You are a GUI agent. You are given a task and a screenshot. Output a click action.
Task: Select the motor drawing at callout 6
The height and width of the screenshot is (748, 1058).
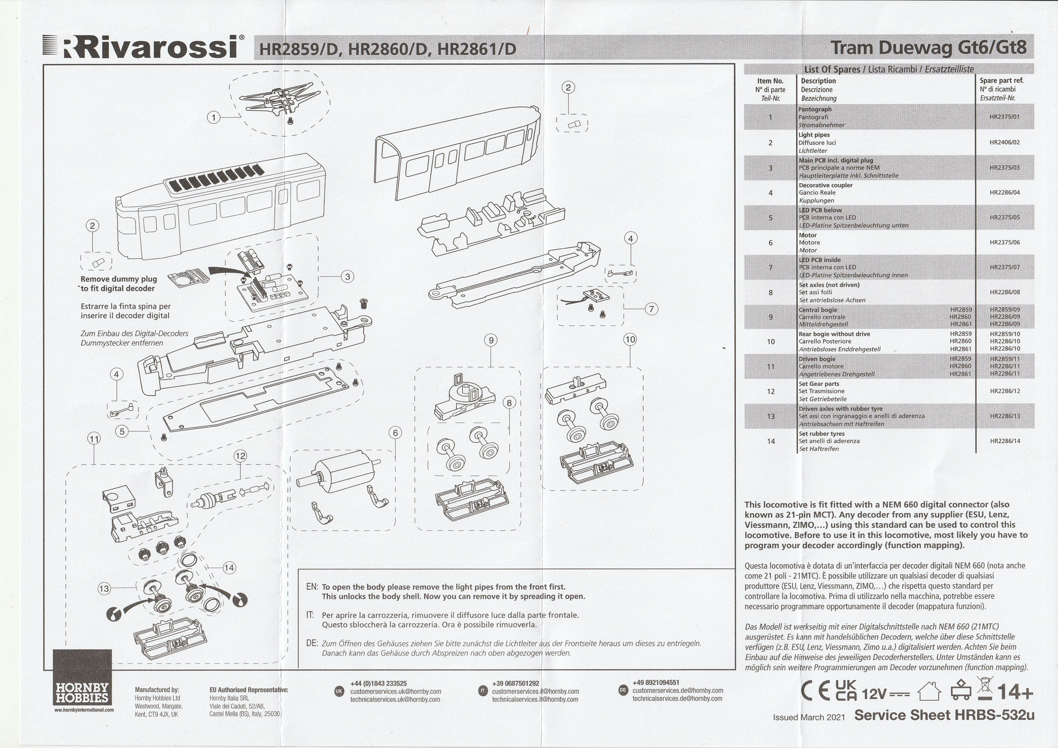click(x=339, y=475)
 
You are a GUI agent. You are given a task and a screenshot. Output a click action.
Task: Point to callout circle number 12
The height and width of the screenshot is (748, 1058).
click(x=240, y=455)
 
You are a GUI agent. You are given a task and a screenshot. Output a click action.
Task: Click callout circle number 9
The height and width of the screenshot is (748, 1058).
click(x=491, y=340)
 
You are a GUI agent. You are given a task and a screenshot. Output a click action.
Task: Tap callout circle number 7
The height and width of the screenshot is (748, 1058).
click(x=651, y=309)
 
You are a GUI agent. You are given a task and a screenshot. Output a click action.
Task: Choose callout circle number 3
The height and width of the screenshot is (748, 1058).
click(x=347, y=276)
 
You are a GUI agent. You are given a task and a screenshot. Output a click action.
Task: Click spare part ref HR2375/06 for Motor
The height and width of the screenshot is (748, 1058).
click(x=1004, y=243)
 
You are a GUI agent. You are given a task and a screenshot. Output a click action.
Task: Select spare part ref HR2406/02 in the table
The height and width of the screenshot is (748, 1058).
click(x=1004, y=143)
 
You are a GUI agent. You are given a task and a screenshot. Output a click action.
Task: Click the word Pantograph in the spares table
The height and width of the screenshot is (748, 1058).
click(x=815, y=110)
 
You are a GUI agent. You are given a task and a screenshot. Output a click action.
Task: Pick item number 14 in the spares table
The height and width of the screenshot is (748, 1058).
click(x=771, y=441)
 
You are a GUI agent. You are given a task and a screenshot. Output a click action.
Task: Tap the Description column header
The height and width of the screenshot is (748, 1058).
click(x=818, y=81)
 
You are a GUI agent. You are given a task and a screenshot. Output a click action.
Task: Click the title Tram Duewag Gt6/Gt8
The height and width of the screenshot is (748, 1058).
click(x=928, y=48)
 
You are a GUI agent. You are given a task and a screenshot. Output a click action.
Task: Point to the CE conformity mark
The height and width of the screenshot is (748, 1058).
click(x=815, y=691)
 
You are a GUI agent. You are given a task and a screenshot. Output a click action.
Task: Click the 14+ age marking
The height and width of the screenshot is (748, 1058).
click(x=1015, y=691)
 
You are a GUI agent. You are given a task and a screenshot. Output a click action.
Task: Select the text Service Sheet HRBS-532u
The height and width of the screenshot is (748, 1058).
click(x=944, y=715)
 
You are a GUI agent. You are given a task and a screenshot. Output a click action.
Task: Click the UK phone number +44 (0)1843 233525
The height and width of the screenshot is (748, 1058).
click(x=378, y=683)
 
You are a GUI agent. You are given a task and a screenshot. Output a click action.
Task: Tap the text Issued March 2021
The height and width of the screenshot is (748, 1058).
click(x=808, y=717)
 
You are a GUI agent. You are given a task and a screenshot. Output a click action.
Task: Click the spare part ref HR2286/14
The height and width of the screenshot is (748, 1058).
click(x=1004, y=441)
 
